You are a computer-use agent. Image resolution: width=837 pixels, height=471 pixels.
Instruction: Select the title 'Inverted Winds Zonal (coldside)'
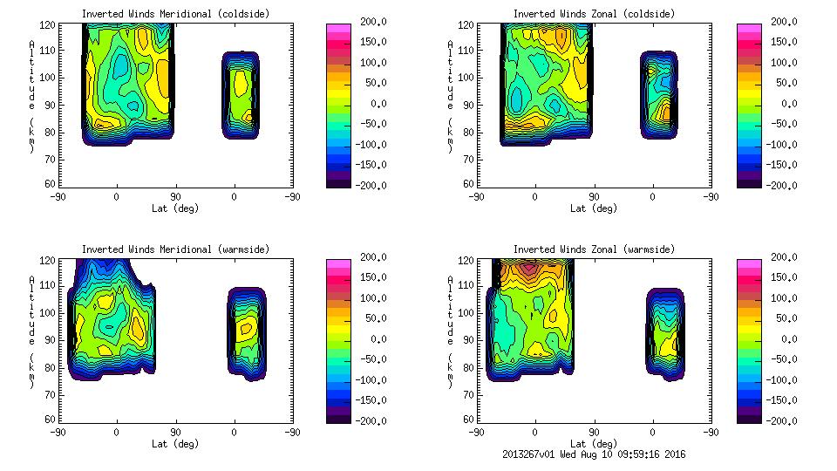pos(594,13)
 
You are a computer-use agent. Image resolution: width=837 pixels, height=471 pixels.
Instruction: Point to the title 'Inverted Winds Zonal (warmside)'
pos(594,249)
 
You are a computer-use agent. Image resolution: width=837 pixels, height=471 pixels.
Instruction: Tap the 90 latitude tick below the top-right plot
pos(594,197)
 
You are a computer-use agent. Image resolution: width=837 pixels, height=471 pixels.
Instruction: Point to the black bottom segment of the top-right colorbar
pos(750,181)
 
